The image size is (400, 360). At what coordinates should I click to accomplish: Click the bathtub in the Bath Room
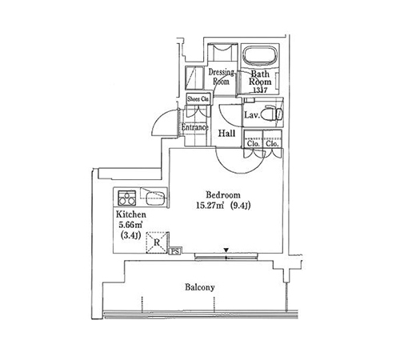click(260, 56)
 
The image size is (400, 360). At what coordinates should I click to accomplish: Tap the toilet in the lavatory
click(271, 114)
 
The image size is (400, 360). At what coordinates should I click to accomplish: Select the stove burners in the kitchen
click(127, 198)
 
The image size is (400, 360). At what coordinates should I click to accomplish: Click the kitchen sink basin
click(156, 198)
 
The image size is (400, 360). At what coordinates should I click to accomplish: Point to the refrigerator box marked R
click(157, 242)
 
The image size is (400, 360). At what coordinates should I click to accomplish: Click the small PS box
click(175, 251)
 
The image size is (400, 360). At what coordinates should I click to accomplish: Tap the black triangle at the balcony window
click(226, 250)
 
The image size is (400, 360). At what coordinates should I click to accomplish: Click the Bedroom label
click(223, 195)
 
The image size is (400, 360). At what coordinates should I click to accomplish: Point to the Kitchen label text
click(131, 214)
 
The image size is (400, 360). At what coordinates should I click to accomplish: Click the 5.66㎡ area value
click(130, 225)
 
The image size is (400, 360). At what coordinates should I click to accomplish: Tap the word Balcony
click(200, 287)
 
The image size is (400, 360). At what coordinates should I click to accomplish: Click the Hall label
click(226, 134)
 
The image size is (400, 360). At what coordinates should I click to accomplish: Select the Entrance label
click(194, 127)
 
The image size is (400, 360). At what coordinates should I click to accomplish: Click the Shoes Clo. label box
click(198, 99)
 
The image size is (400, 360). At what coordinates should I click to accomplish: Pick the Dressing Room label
click(221, 77)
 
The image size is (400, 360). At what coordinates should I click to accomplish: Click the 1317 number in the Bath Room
click(260, 90)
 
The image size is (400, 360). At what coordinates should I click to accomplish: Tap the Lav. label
click(252, 115)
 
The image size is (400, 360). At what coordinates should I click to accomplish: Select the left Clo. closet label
click(253, 144)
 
